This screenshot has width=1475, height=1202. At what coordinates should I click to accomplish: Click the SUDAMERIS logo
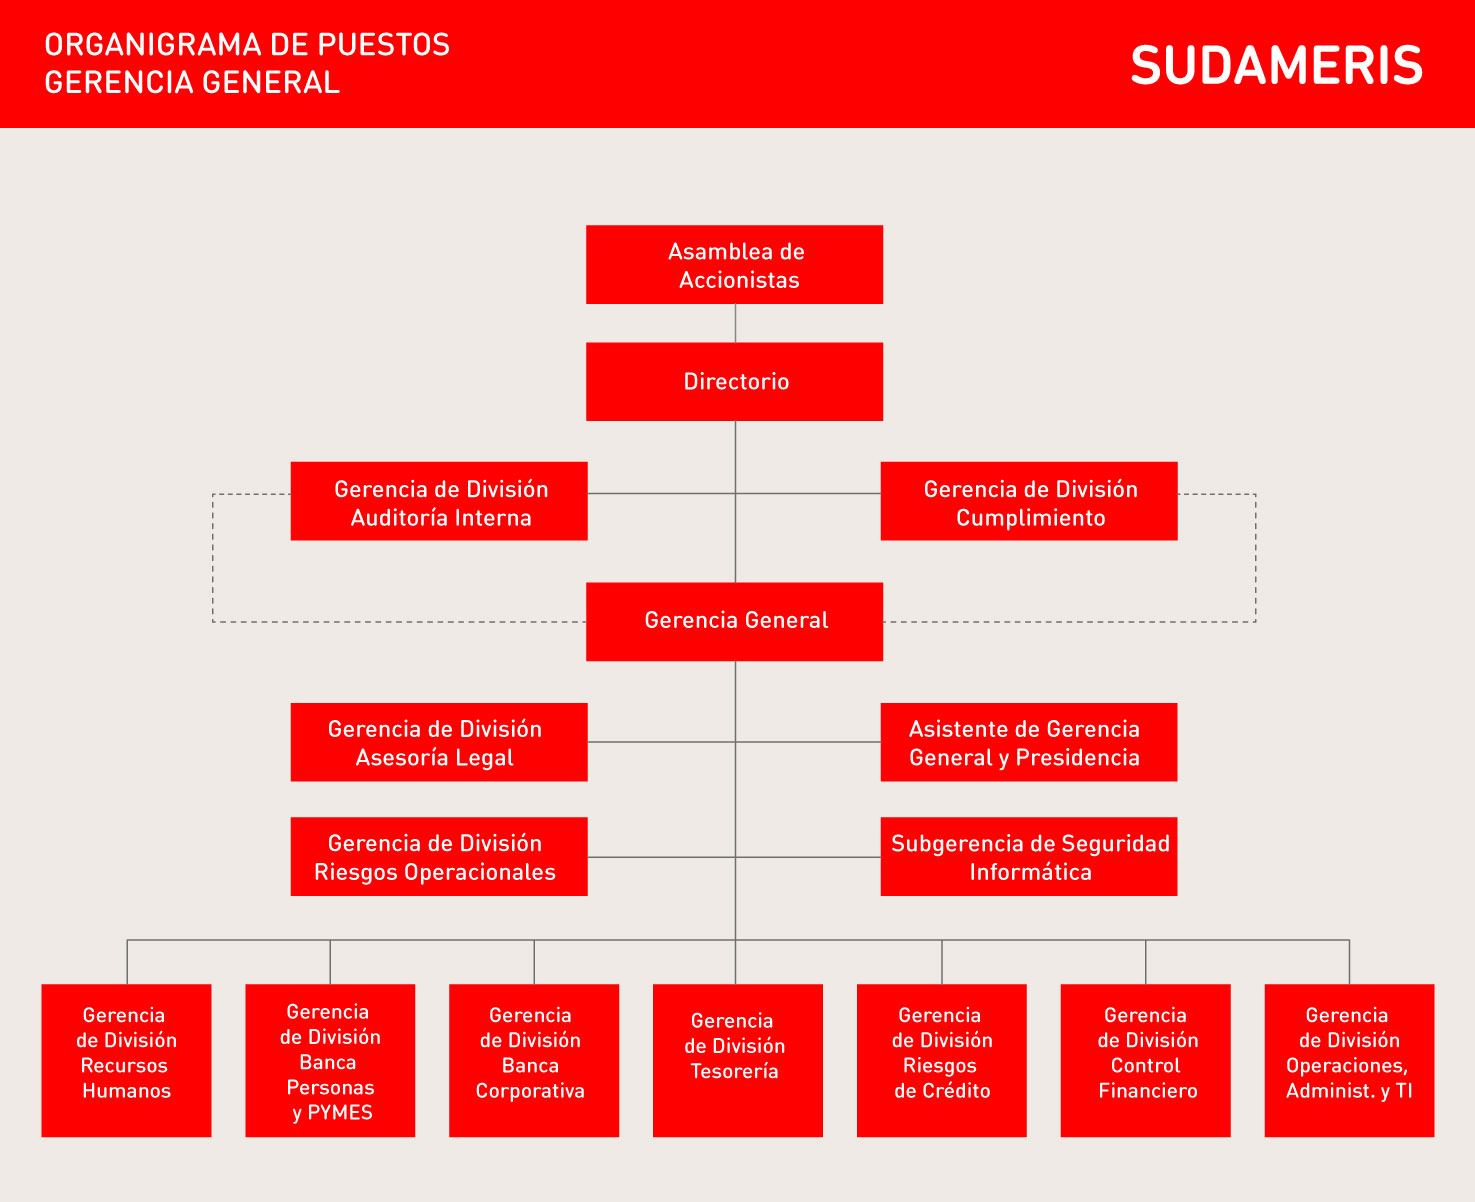[1276, 65]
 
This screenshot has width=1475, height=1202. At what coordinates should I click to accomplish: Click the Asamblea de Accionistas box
[734, 264]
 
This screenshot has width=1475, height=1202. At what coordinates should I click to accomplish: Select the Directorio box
[734, 382]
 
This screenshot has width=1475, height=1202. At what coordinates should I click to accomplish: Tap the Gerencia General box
[734, 622]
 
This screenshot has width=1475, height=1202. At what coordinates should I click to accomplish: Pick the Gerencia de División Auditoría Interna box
[439, 501]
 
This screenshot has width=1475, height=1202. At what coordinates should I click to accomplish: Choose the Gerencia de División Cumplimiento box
[1029, 501]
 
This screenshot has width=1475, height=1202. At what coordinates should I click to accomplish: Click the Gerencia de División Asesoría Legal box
[439, 742]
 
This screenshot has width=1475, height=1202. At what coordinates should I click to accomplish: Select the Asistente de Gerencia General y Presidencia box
[1029, 742]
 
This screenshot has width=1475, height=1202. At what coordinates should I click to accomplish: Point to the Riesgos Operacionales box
[439, 856]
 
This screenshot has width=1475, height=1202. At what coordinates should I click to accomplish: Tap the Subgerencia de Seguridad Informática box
[1029, 856]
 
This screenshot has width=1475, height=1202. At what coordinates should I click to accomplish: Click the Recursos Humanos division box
[127, 1061]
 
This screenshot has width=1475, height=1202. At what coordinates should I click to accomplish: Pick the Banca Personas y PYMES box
[330, 1061]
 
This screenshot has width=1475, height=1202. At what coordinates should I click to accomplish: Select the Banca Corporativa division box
[534, 1061]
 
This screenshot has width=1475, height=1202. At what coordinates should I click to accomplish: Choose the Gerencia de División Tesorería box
[738, 1061]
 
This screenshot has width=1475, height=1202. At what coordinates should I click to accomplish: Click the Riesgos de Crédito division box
[942, 1061]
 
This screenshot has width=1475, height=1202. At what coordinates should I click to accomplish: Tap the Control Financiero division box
[1146, 1061]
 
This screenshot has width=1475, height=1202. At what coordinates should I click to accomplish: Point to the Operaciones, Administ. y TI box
[1350, 1061]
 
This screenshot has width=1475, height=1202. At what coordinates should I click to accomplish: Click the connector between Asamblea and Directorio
[735, 323]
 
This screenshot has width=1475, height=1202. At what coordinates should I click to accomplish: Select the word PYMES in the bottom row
[340, 1113]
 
